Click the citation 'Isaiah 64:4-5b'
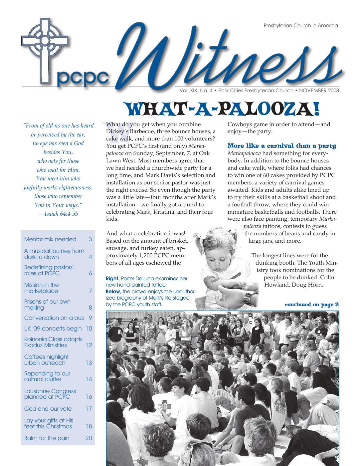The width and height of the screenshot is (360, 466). pos(60,214)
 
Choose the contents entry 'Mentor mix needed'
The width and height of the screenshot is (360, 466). pos(50,239)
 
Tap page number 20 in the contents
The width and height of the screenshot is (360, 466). pos(89,438)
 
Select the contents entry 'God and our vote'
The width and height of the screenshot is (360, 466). pos(48,409)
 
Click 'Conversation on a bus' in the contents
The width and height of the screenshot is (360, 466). pos(54,318)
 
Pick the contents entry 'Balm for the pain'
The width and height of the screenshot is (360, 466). pos(47,438)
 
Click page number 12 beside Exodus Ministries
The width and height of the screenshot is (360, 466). pos(89,345)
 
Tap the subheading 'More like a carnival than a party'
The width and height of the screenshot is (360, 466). pos(281,146)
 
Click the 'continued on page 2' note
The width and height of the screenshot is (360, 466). pos(311,305)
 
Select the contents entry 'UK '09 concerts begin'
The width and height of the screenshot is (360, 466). pos(53,329)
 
